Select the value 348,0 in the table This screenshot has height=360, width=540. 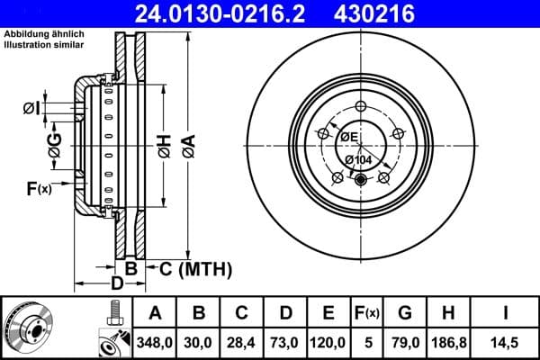tap(154, 340)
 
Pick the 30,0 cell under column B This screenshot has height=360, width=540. tap(199, 340)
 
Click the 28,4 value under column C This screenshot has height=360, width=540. tap(241, 340)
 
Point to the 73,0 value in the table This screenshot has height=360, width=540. tap(284, 340)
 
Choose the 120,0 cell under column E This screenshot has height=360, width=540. tap(328, 340)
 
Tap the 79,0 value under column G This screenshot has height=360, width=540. tap(404, 340)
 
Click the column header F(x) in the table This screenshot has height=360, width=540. tap(367, 313)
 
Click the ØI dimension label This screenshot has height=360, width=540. tap(31, 109)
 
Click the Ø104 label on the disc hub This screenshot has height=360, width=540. tap(358, 159)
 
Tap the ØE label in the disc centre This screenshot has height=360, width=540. tap(348, 137)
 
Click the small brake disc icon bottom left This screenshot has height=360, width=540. tap(25, 325)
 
